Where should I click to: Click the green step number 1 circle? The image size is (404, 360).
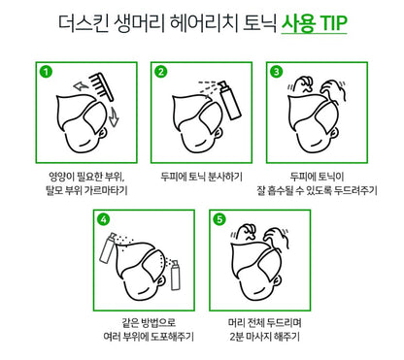pyautogui.click(x=46, y=72)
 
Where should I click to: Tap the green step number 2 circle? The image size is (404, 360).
pyautogui.click(x=161, y=72)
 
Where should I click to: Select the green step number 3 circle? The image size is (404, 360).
pyautogui.click(x=276, y=72)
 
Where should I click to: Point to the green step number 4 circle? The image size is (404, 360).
pyautogui.click(x=103, y=219)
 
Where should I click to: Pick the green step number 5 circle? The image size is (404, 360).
pyautogui.click(x=219, y=219)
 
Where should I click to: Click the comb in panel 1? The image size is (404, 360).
pyautogui.click(x=101, y=86)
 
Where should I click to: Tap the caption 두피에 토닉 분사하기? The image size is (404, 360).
pyautogui.click(x=201, y=177)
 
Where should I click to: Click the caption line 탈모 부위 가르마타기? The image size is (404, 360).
pyautogui.click(x=86, y=190)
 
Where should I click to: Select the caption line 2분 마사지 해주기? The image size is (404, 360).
pyautogui.click(x=265, y=337)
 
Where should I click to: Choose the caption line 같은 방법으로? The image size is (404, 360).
pyautogui.click(x=149, y=322)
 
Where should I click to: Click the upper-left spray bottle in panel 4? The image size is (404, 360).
pyautogui.click(x=108, y=247)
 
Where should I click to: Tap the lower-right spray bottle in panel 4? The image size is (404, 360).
pyautogui.click(x=175, y=275)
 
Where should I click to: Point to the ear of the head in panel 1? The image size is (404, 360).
pyautogui.click(x=102, y=133)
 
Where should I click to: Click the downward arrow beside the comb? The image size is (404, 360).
pyautogui.click(x=114, y=116)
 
